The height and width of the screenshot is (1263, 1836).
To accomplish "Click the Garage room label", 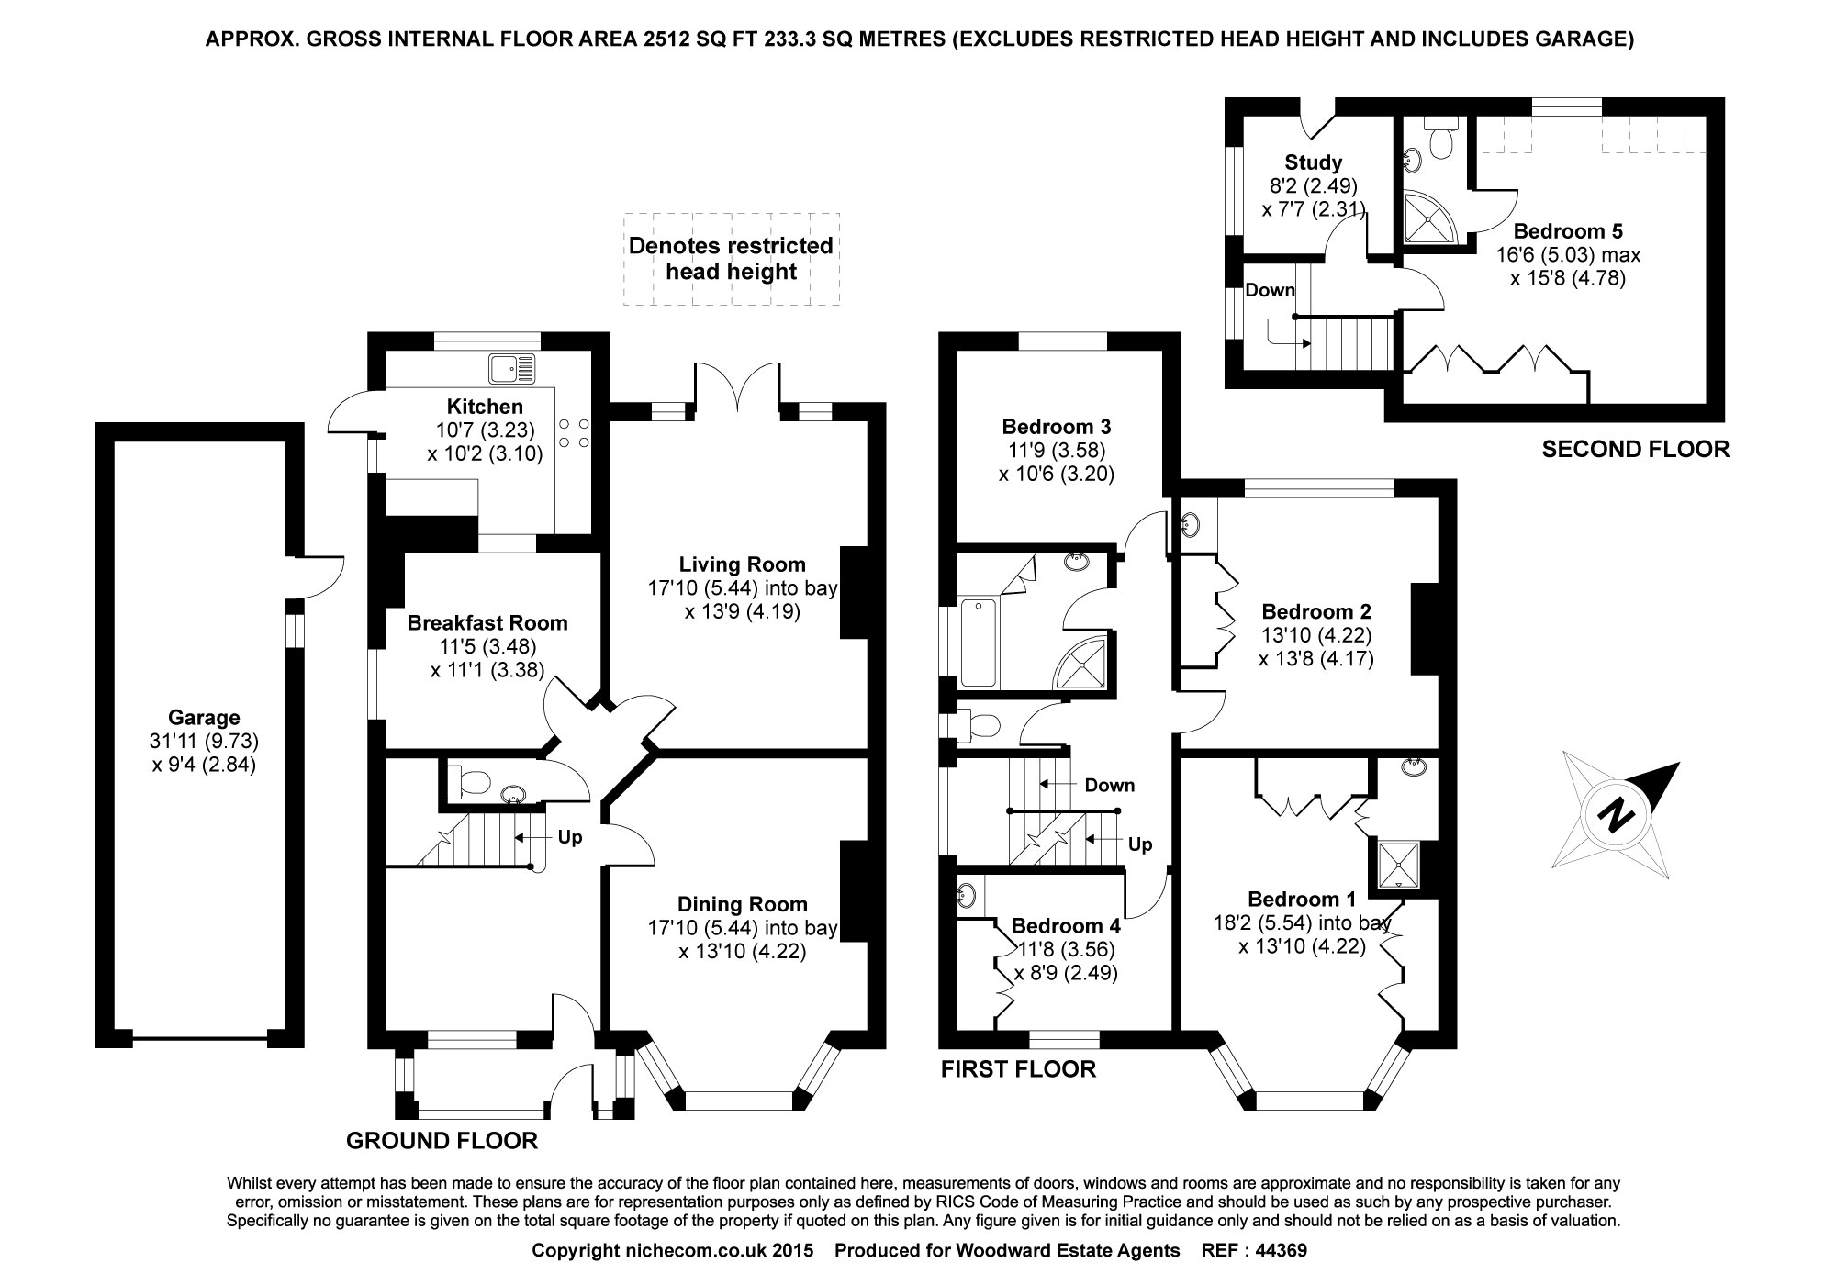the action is (x=204, y=718).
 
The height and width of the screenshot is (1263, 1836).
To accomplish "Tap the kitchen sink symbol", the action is (x=511, y=368).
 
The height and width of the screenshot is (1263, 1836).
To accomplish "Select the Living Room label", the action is (x=742, y=564).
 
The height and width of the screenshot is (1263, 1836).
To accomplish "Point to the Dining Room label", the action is (x=742, y=904).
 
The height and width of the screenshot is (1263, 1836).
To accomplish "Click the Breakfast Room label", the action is (x=487, y=623).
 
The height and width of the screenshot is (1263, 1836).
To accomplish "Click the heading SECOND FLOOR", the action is (x=1635, y=449).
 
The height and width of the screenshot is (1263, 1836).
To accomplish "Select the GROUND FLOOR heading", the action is (x=442, y=1141).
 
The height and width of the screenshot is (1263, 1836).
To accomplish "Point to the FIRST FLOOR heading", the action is (x=1018, y=1068).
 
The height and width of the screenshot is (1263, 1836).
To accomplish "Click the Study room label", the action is (x=1313, y=162).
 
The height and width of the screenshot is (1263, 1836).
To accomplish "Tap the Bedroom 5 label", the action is (x=1567, y=230).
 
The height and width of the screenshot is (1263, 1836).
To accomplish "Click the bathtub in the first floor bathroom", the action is (x=978, y=641).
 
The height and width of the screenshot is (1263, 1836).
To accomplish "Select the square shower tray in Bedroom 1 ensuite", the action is (x=1399, y=866).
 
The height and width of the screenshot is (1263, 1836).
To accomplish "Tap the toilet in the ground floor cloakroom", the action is (x=470, y=783).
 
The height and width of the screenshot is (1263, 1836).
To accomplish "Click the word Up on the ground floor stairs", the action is (x=570, y=837).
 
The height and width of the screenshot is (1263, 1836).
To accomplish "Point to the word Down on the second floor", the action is (x=1270, y=290).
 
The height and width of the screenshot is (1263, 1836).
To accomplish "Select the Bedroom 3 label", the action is (x=1056, y=426).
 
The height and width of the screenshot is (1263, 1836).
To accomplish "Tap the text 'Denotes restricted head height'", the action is (x=731, y=259).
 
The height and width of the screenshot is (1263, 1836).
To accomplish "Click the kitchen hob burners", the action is (x=575, y=433).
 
